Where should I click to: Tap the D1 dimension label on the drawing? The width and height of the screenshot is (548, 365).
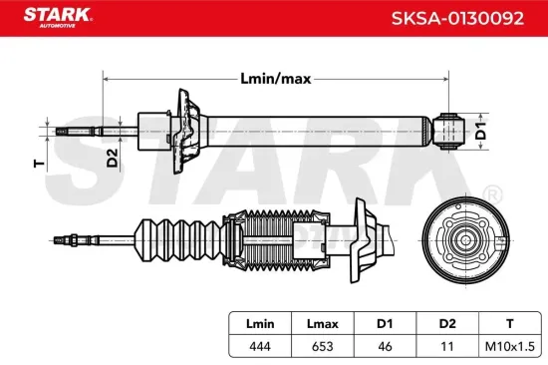point(480,130)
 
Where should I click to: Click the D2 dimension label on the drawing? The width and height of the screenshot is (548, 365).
point(112,157)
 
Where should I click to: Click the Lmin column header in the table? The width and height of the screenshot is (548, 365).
point(259,322)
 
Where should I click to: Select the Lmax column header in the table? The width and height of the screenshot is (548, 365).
point(321,322)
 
